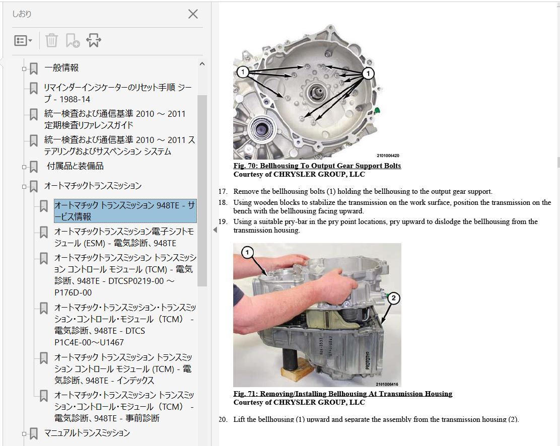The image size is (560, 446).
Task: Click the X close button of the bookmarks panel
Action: click(x=193, y=14)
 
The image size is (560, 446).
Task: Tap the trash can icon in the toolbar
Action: click(x=51, y=40)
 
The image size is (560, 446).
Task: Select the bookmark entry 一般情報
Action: click(x=61, y=68)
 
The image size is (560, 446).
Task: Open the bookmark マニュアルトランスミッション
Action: click(x=87, y=433)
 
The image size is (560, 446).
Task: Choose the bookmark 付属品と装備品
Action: click(x=75, y=166)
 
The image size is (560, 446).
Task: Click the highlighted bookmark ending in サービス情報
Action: click(x=125, y=211)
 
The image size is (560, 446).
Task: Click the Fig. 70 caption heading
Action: click(x=317, y=166)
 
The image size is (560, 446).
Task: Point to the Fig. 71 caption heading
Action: click(x=343, y=394)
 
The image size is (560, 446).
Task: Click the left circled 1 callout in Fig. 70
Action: click(x=243, y=72)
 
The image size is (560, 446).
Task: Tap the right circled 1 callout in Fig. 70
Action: click(x=368, y=73)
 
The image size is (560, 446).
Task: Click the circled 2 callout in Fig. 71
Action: click(x=393, y=298)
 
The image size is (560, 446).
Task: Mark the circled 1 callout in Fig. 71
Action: click(x=247, y=253)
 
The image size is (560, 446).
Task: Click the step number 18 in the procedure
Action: click(x=223, y=202)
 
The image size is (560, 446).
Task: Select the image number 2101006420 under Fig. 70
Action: click(x=388, y=156)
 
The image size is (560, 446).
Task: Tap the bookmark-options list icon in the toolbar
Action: click(x=23, y=40)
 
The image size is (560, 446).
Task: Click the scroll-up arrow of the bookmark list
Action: click(x=202, y=64)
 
